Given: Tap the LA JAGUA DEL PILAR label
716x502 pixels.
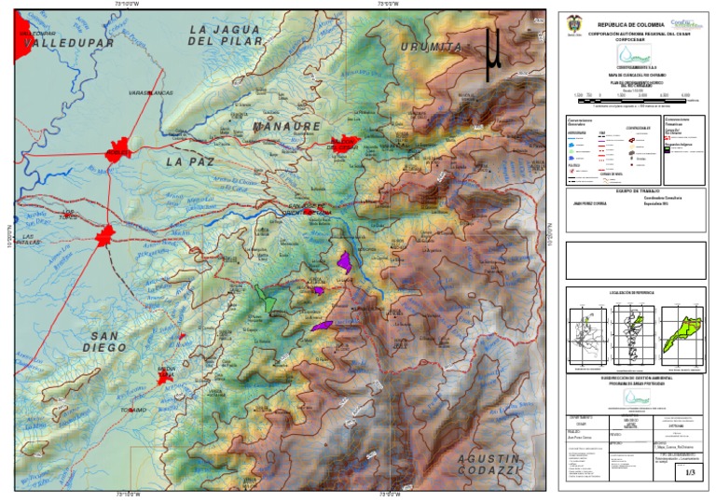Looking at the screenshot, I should [224, 35].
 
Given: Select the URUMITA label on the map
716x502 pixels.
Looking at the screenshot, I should [431, 47].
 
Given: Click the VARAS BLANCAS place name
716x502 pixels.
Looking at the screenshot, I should [150, 93].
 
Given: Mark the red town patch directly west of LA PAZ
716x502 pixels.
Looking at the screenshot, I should [118, 154].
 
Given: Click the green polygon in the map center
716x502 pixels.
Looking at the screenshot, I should [268, 301].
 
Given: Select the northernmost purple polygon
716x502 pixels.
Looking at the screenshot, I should [344, 260].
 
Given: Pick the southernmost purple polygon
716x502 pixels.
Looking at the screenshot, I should [322, 326].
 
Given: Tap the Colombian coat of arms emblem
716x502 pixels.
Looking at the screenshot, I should [572, 22].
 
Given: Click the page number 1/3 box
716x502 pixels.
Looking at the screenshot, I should [690, 473].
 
